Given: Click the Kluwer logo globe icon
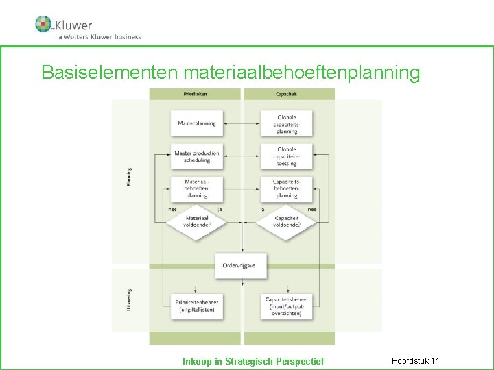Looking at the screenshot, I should tap(43, 24).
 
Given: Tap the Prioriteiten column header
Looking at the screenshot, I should tap(196, 94).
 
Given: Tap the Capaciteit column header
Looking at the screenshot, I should tap(287, 94).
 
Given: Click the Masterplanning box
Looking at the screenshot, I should tap(196, 123).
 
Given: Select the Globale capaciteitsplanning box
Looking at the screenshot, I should tap(287, 123).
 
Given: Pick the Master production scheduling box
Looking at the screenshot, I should tap(196, 156).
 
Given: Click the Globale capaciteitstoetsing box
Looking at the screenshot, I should tap(287, 156).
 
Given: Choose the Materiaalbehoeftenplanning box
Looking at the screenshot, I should tap(196, 188).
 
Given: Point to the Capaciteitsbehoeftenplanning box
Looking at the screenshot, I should tap(287, 188).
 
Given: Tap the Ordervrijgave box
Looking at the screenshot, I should tap(240, 265).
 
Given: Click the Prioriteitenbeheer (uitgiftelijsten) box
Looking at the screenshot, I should tap(196, 305).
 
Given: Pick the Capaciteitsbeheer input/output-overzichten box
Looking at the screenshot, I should tap(287, 305).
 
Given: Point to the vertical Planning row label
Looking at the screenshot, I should tap(130, 177).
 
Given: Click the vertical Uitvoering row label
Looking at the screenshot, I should tap(130, 300).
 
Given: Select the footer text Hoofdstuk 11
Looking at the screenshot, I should tap(415, 360).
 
